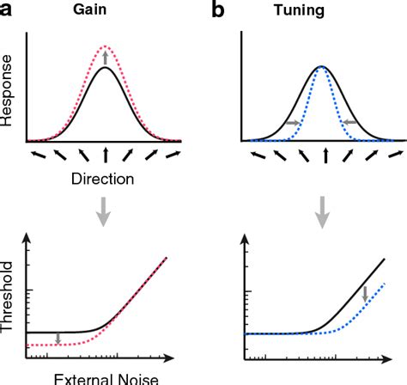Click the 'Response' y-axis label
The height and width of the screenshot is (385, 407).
pos(8,98)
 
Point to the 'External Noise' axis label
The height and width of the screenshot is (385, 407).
pos(104,378)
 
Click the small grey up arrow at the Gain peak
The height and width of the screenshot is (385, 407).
pos(106,58)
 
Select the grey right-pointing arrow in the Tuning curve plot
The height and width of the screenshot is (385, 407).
pos(292,124)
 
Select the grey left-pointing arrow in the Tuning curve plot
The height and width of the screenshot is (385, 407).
pos(353,124)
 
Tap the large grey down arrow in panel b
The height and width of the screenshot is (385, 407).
pos(323,210)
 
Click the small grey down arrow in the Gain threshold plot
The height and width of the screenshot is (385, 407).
pos(58,337)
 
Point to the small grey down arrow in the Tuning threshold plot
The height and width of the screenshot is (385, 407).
pos(365,295)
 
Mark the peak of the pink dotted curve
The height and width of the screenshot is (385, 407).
pos(106,46)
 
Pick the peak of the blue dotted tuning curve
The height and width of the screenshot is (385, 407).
pos(323,67)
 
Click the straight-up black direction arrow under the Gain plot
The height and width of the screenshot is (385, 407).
pos(106,156)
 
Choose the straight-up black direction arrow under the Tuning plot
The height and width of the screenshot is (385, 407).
pos(323,156)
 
